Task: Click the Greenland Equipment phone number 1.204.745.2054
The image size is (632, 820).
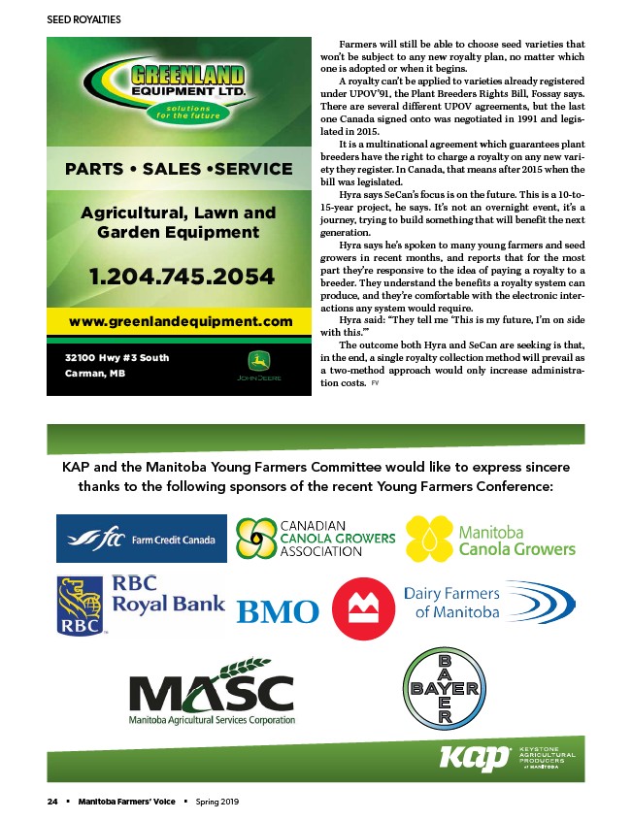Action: click(183, 277)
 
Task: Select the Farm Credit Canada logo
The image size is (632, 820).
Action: click(142, 538)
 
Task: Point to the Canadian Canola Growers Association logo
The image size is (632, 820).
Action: click(316, 538)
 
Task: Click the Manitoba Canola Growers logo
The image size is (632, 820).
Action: click(490, 540)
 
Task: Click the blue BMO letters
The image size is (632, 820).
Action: click(278, 611)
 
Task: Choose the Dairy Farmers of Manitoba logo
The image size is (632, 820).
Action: click(488, 603)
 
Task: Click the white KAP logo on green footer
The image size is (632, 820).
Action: click(475, 757)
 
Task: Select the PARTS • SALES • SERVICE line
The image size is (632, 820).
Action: click(179, 169)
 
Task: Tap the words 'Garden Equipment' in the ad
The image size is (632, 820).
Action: click(179, 232)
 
